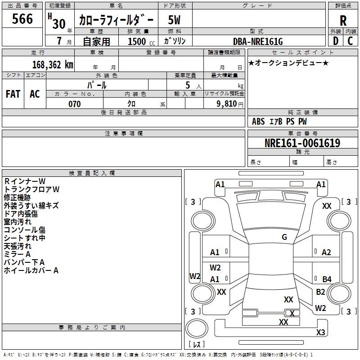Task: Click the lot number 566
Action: click(x=22, y=19)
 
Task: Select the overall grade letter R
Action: click(x=343, y=21)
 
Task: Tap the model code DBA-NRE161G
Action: click(x=258, y=41)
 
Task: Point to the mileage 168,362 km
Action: click(x=53, y=65)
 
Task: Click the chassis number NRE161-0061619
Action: click(x=302, y=143)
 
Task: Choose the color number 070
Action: click(x=75, y=104)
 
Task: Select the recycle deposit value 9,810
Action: click(x=227, y=104)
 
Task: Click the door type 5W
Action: click(x=174, y=20)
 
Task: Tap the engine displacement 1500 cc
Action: click(x=141, y=41)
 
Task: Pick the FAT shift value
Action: click(x=13, y=94)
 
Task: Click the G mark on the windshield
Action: click(x=284, y=237)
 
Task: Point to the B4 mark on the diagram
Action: click(x=327, y=279)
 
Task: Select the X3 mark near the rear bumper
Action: click(x=320, y=332)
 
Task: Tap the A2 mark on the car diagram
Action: click(x=326, y=252)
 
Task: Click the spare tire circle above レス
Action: click(x=197, y=328)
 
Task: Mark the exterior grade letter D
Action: click(x=336, y=41)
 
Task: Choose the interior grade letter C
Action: click(x=350, y=41)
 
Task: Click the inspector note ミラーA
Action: click(x=17, y=254)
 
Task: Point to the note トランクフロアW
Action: click(x=31, y=189)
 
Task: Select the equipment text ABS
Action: click(x=258, y=121)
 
